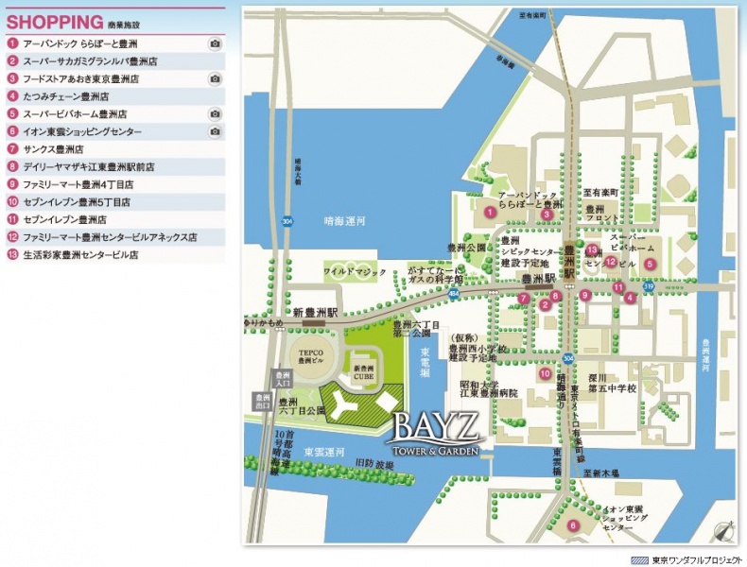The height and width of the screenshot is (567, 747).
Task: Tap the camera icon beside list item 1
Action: pyautogui.click(x=215, y=43)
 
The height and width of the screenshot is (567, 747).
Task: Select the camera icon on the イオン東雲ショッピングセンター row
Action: pyautogui.click(x=215, y=131)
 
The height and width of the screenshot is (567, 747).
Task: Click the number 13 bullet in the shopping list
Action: pyautogui.click(x=12, y=254)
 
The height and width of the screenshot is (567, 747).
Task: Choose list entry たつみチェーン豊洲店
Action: pyautogui.click(x=65, y=96)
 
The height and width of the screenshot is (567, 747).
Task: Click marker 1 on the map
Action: pyautogui.click(x=490, y=213)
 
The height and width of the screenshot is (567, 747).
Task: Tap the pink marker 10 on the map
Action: pyautogui.click(x=545, y=373)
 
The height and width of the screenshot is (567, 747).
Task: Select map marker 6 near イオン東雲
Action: pyautogui.click(x=572, y=525)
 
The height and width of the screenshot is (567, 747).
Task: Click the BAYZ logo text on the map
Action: pyautogui.click(x=436, y=421)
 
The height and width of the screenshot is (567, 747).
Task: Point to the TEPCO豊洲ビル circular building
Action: pyautogui.click(x=310, y=357)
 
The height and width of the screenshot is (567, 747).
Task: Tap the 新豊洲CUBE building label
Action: pyautogui.click(x=364, y=371)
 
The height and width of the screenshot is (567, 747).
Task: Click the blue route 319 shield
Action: pyautogui.click(x=649, y=285)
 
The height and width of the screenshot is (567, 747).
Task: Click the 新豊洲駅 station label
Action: pyautogui.click(x=315, y=311)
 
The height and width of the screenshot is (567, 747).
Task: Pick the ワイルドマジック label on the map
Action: pyautogui.click(x=356, y=271)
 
